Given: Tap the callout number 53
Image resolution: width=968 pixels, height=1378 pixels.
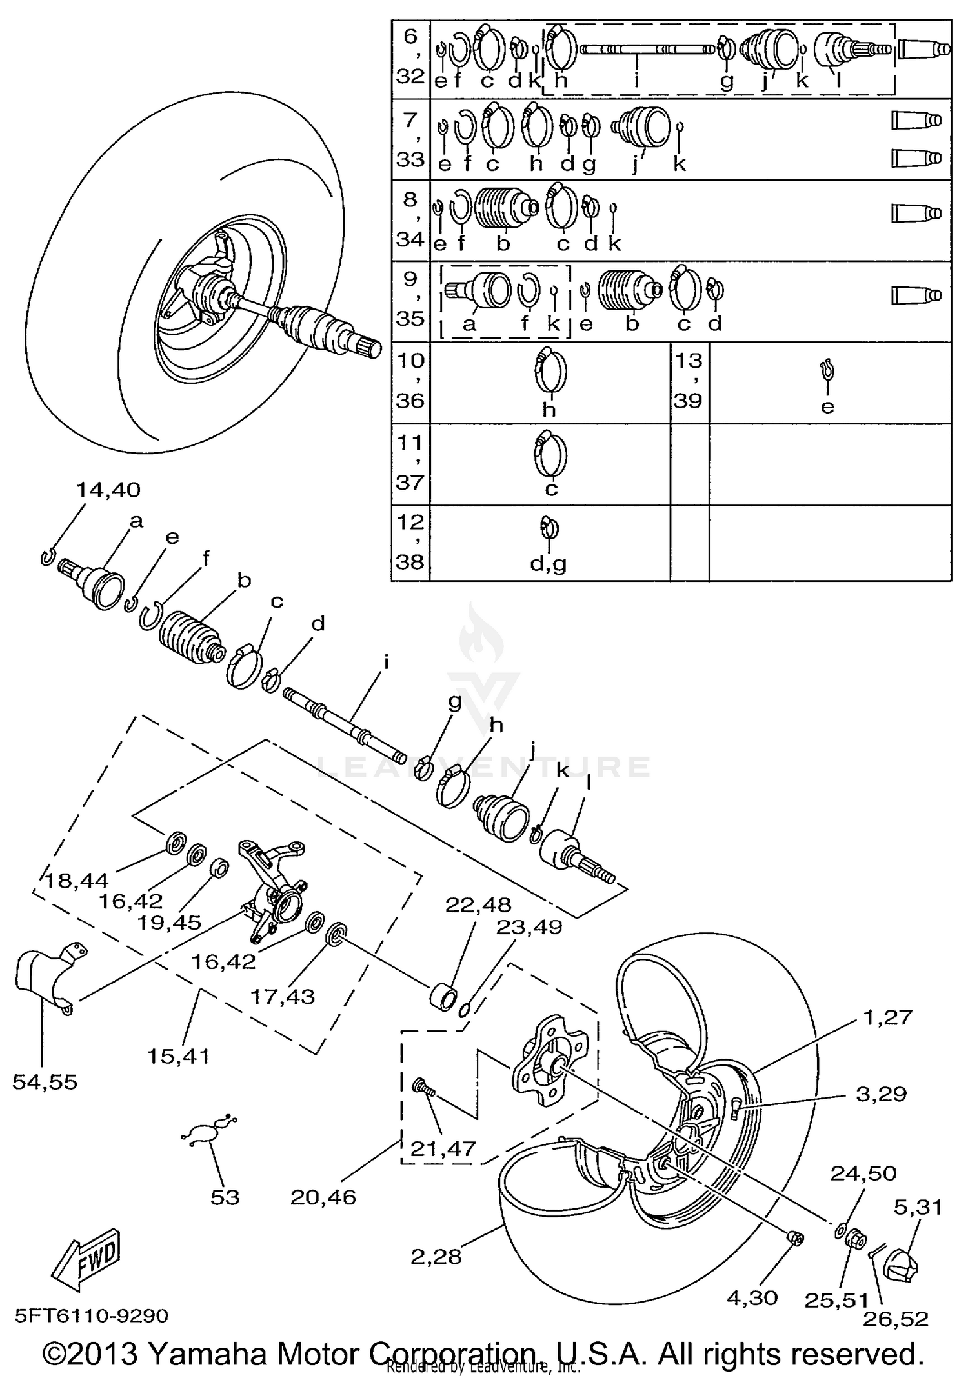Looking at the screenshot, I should click(x=225, y=1197).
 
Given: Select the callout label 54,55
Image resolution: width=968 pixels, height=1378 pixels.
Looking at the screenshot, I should click(x=45, y=1082).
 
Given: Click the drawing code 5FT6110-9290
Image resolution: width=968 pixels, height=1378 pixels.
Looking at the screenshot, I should click(x=92, y=1315).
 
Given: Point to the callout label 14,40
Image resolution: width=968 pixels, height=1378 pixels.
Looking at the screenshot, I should click(x=108, y=490).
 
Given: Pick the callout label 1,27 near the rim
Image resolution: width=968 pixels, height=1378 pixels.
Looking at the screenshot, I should click(x=887, y=1017).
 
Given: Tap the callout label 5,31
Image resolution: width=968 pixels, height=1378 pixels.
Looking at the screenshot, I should click(x=918, y=1206).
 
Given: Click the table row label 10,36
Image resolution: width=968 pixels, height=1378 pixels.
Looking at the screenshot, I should click(x=410, y=381).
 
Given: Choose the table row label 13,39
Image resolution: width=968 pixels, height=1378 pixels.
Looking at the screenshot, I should click(x=689, y=381).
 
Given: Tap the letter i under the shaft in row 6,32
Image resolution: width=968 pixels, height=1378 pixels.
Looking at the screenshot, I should click(x=636, y=81).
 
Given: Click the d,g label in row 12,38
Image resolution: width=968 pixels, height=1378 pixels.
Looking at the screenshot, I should click(x=548, y=564).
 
